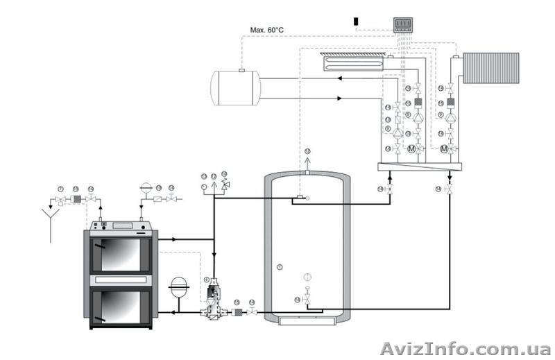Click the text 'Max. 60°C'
point(267,30)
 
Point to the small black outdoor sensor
point(357,21)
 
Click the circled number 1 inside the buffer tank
point(280,266)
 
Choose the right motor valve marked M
point(444,148)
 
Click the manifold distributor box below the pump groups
point(420,167)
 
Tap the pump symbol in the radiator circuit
point(450,119)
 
